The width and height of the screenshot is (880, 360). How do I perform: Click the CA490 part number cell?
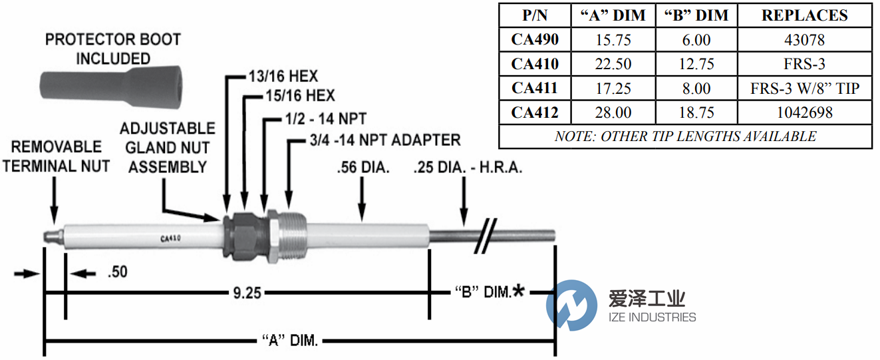click(x=535, y=40)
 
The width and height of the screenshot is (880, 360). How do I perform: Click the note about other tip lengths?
click(x=685, y=136)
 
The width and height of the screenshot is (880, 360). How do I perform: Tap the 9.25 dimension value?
click(x=246, y=293)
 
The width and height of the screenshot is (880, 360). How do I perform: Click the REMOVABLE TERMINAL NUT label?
click(x=56, y=156)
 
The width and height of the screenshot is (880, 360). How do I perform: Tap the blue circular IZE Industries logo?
click(x=571, y=305)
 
